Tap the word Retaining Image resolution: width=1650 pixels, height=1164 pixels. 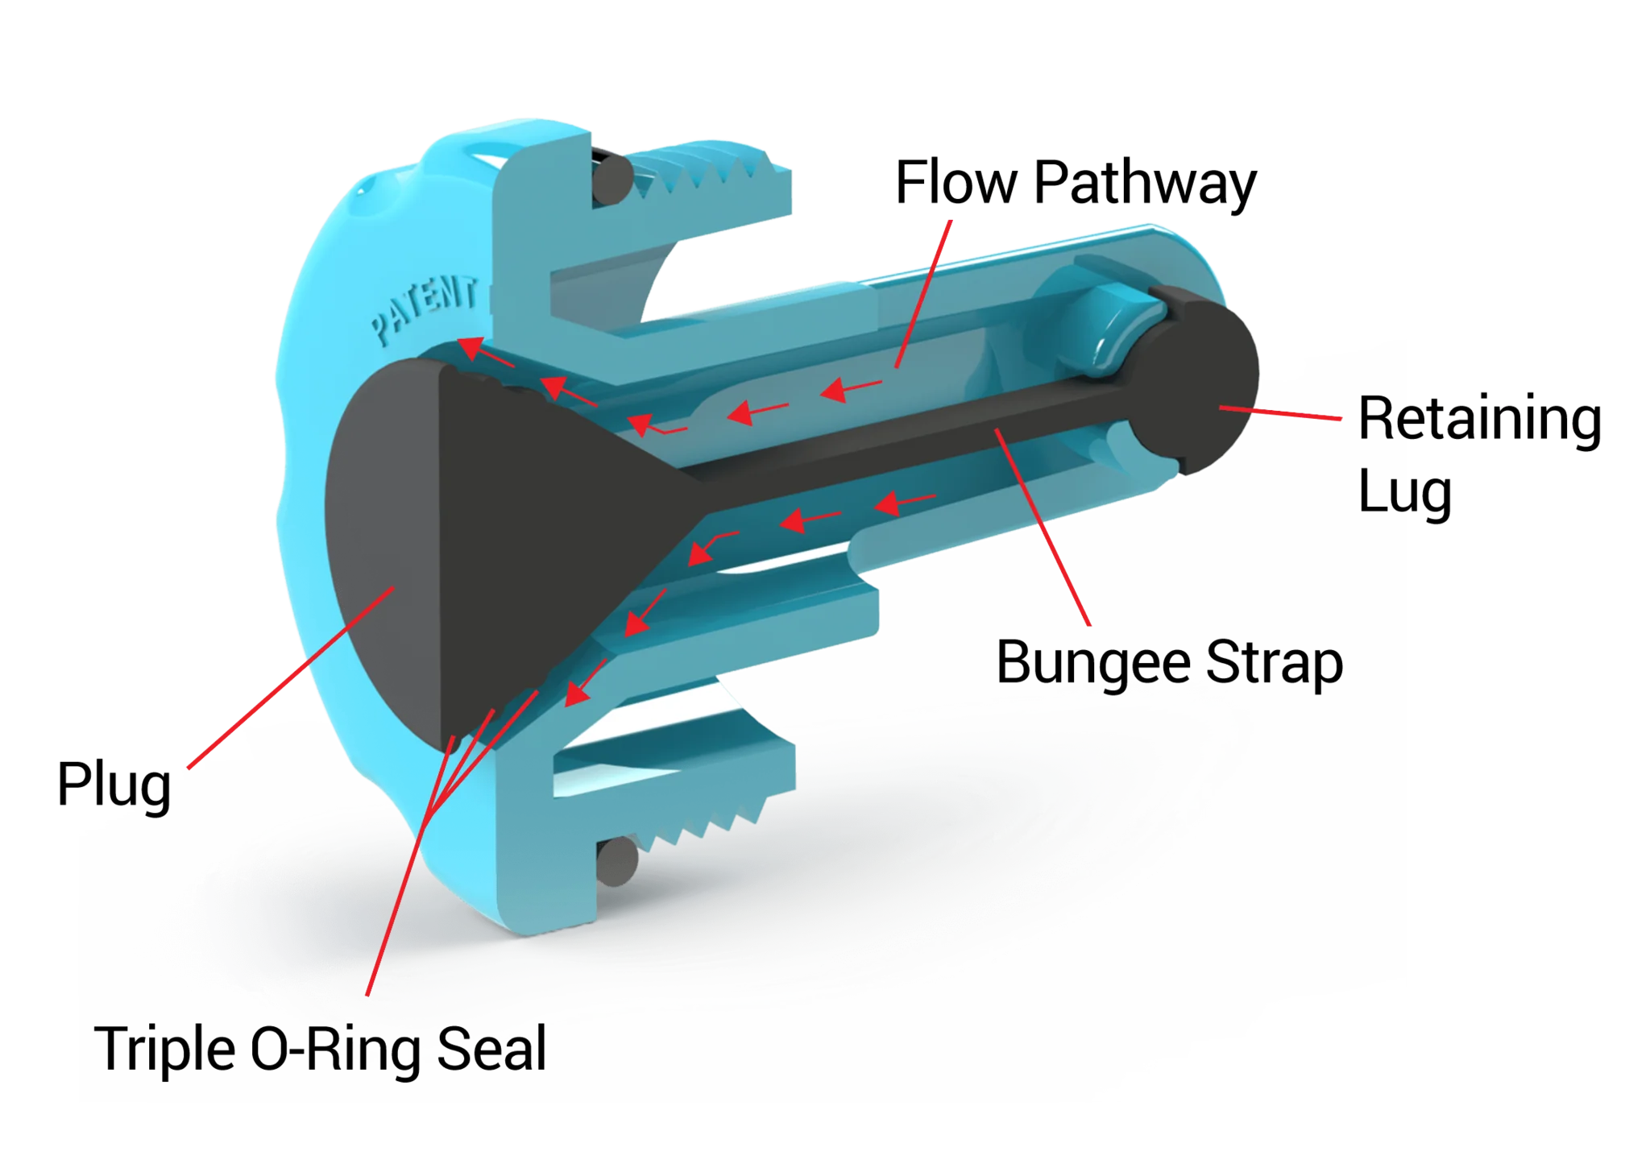point(1479,420)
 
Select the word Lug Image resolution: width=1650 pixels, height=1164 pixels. point(1405,492)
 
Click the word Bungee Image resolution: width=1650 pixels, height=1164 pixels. point(1093,664)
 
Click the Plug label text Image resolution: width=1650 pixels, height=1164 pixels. point(114,785)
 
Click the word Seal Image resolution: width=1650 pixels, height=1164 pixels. point(491,1049)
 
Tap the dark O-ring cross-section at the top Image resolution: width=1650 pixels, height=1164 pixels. point(612,179)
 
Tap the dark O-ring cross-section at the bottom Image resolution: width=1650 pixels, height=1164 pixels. point(618,860)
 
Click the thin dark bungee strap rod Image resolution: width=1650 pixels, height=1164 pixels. point(910,439)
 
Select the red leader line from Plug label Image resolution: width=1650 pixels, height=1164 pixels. point(291,677)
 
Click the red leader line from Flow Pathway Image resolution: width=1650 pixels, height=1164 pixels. point(923,294)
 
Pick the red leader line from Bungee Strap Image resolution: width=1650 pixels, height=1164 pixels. point(1043,527)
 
